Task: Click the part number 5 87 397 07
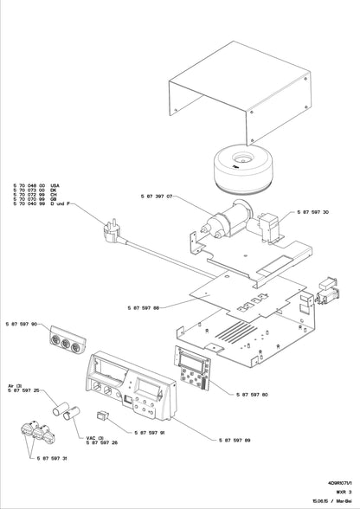click(158, 197)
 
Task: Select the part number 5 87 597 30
click(312, 211)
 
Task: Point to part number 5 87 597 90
click(22, 324)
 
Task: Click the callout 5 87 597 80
click(253, 394)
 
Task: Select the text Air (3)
click(15, 385)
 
